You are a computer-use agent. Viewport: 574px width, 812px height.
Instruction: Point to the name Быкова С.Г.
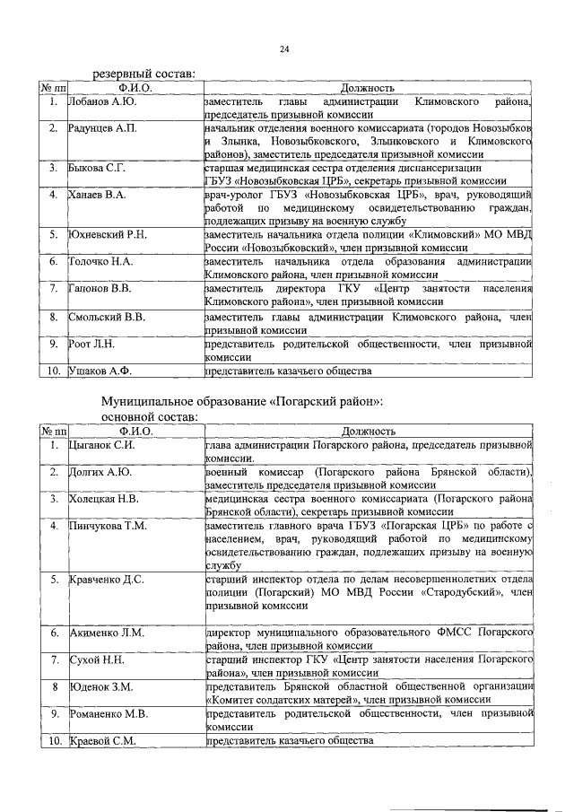click(98, 167)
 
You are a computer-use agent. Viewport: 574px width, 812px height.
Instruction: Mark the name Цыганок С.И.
click(102, 444)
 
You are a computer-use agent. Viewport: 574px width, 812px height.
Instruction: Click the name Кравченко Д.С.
click(107, 579)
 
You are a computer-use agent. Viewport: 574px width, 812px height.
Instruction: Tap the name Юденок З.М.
click(100, 686)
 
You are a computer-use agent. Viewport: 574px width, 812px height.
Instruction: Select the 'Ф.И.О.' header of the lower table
click(135, 431)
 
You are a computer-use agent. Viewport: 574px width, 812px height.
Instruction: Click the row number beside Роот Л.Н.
click(54, 343)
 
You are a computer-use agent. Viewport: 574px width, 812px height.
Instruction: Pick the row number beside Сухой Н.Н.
click(54, 659)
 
